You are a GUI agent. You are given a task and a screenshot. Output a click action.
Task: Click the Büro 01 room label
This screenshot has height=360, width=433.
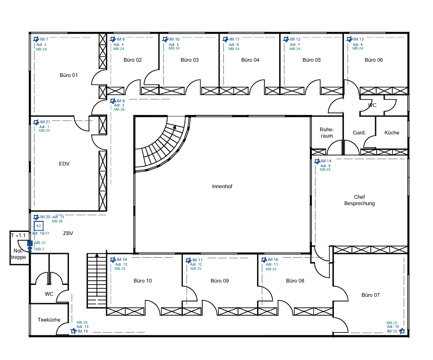pos(68,75)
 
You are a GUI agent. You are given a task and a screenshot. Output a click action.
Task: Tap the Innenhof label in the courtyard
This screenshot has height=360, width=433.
pos(222,187)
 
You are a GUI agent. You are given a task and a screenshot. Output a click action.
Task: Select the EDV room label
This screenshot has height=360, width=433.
pos(64,164)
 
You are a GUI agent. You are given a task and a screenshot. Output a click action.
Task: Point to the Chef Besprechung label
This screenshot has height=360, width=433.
pos(359,200)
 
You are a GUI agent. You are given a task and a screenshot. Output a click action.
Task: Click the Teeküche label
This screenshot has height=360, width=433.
pos(49,320)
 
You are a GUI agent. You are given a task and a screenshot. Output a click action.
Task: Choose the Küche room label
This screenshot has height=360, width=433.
pos(391,133)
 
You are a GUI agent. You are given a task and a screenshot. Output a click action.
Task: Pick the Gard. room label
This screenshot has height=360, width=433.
pos(359,133)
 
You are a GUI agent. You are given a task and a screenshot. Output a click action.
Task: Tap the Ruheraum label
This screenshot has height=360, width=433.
pos(327,132)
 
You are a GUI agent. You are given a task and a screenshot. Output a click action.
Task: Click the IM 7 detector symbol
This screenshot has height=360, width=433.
pos(36,40)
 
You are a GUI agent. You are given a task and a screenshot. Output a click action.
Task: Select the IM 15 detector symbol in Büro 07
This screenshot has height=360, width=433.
pos(402,331)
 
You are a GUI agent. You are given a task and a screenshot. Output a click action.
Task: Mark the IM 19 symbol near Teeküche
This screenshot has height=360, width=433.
pos(73,331)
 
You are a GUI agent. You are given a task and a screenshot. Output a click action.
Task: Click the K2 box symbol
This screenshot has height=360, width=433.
pos(38,226)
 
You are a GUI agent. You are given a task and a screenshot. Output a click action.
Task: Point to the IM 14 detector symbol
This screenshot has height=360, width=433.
pos(317,161)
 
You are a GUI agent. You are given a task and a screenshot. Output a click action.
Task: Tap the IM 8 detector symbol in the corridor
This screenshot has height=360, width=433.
pos(112,101)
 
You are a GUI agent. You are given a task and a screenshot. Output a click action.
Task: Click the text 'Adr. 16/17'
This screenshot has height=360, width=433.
pos(41,233)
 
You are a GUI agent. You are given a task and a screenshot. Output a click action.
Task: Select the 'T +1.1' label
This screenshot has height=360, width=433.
pos(18,236)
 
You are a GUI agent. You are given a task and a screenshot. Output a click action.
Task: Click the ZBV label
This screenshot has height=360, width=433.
pos(68,233)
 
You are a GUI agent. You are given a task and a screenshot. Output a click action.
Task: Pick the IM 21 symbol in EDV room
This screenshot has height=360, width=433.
pos(36,122)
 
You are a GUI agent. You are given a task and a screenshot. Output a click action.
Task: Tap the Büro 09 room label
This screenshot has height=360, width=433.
pos(220,281)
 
